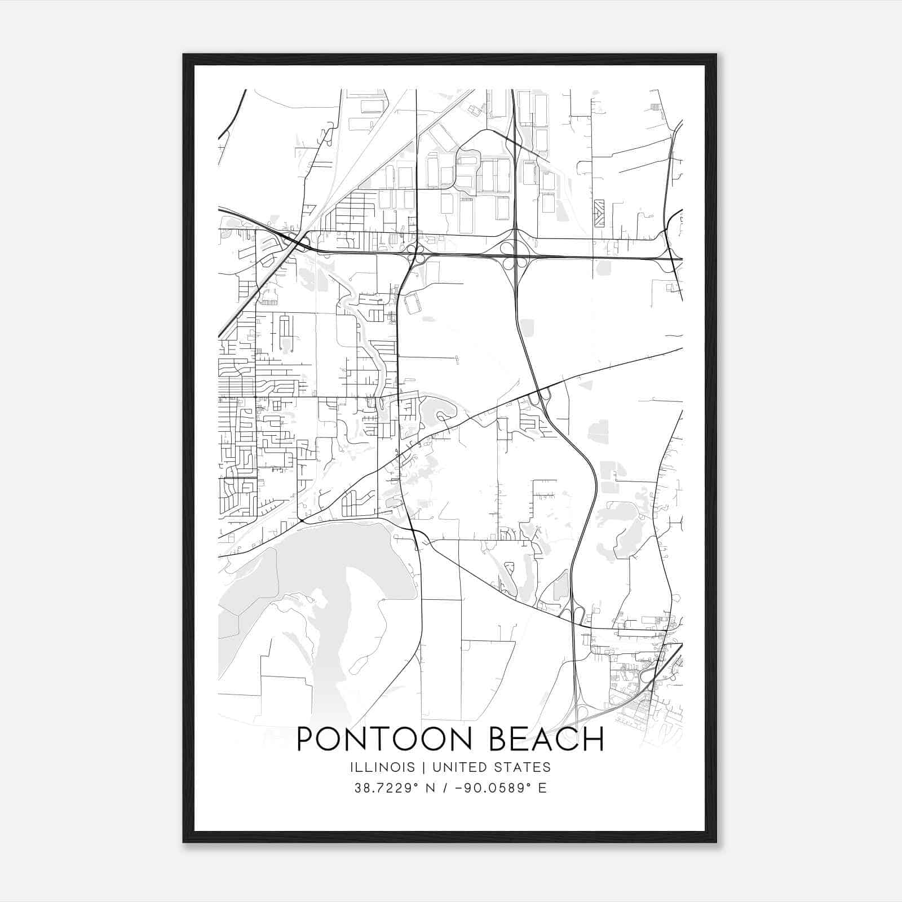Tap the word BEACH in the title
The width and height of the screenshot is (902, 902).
click(x=546, y=739)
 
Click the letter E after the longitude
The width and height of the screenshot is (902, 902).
click(x=542, y=788)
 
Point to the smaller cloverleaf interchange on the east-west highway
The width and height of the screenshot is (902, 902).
click(x=416, y=253)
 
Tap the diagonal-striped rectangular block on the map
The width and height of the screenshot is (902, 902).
click(x=599, y=213)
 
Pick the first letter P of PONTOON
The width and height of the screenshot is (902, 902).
click(x=304, y=739)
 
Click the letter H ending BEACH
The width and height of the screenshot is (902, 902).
click(x=593, y=739)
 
